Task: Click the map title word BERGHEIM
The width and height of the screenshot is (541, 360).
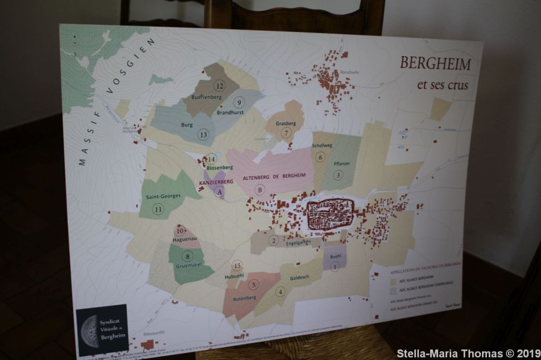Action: pyautogui.click(x=435, y=64)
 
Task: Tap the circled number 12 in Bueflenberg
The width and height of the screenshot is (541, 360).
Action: pyautogui.click(x=219, y=86)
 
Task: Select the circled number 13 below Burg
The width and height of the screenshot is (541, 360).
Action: pyautogui.click(x=203, y=135)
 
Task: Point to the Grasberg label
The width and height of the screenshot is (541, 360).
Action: pyautogui.click(x=286, y=123)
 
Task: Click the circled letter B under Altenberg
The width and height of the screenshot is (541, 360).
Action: pyautogui.click(x=260, y=190)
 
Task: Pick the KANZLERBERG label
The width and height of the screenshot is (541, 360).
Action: pyautogui.click(x=216, y=182)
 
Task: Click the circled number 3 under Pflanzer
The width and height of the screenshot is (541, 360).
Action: pyautogui.click(x=338, y=175)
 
